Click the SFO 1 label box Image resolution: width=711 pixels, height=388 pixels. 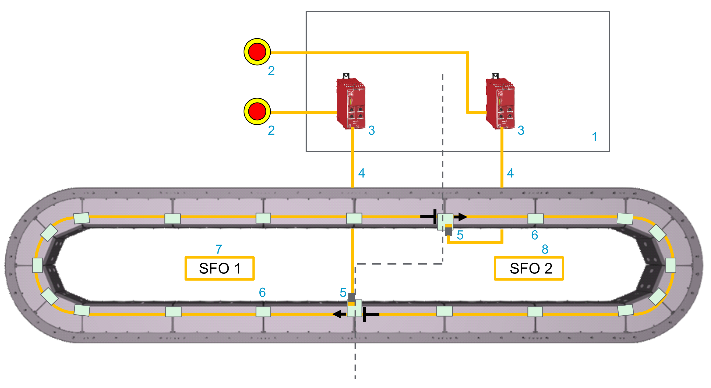pyautogui.click(x=220, y=268)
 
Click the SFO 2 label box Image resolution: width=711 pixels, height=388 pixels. pyautogui.click(x=528, y=268)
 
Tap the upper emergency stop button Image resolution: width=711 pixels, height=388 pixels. pyautogui.click(x=257, y=52)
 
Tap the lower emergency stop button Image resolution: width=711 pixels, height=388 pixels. pyautogui.click(x=257, y=111)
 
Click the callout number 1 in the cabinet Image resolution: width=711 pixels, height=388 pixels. pyautogui.click(x=595, y=137)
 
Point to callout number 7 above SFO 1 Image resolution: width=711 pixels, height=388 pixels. pyautogui.click(x=219, y=249)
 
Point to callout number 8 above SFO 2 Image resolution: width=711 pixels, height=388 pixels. pyautogui.click(x=545, y=249)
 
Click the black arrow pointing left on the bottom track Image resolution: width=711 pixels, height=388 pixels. pyautogui.click(x=339, y=314)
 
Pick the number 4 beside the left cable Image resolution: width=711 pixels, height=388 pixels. pyautogui.click(x=361, y=173)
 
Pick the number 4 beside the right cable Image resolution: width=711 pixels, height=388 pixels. pyautogui.click(x=510, y=173)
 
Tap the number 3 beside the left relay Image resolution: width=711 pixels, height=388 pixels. pyautogui.click(x=371, y=130)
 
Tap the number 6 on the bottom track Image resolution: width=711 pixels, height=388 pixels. pyautogui.click(x=262, y=292)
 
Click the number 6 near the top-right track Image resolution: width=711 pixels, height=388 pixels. pyautogui.click(x=535, y=235)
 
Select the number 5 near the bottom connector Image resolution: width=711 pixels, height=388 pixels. pyautogui.click(x=343, y=292)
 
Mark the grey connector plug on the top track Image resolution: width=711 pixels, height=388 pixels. pyautogui.click(x=449, y=231)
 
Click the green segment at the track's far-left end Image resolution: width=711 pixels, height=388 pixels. pyautogui.click(x=38, y=265)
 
